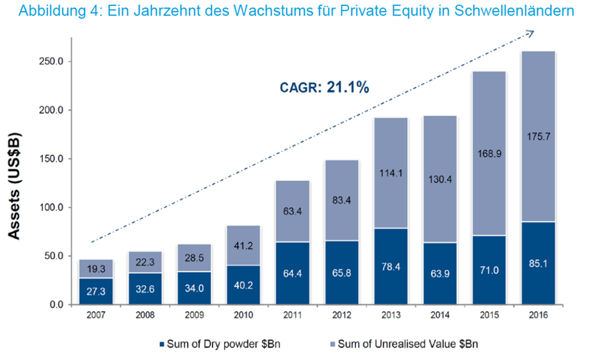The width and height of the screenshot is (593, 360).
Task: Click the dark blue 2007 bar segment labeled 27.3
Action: click(x=96, y=292)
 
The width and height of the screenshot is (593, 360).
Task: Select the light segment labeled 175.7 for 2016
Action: click(x=538, y=136)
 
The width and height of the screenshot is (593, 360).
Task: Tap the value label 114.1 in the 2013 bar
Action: click(x=391, y=173)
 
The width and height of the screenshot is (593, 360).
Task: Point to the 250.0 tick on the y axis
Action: click(x=51, y=61)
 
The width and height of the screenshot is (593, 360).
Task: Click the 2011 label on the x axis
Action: click(x=293, y=315)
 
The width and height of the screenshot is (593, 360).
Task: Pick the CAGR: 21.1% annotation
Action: click(x=324, y=88)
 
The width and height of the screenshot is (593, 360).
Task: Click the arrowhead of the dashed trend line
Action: click(x=530, y=34)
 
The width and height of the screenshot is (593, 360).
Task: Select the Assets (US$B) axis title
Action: click(x=14, y=186)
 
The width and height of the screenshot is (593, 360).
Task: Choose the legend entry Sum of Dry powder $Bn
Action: click(x=219, y=344)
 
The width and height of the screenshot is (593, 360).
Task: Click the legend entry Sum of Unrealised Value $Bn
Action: click(x=404, y=344)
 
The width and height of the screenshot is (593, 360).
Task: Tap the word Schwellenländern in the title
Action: click(x=514, y=11)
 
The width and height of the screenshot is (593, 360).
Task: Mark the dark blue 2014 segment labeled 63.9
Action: click(x=440, y=274)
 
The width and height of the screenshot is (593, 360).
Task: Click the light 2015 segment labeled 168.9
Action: click(x=489, y=154)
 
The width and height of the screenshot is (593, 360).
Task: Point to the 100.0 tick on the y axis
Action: click(x=51, y=208)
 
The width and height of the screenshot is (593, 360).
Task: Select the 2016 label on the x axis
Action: click(x=538, y=315)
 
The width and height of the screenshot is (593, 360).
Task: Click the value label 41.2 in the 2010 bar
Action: click(x=243, y=246)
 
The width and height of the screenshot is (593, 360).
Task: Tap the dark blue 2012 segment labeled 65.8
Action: click(x=342, y=272)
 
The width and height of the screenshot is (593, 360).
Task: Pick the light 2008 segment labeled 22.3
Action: click(x=145, y=262)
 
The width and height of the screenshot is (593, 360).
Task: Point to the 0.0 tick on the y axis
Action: click(x=56, y=305)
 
